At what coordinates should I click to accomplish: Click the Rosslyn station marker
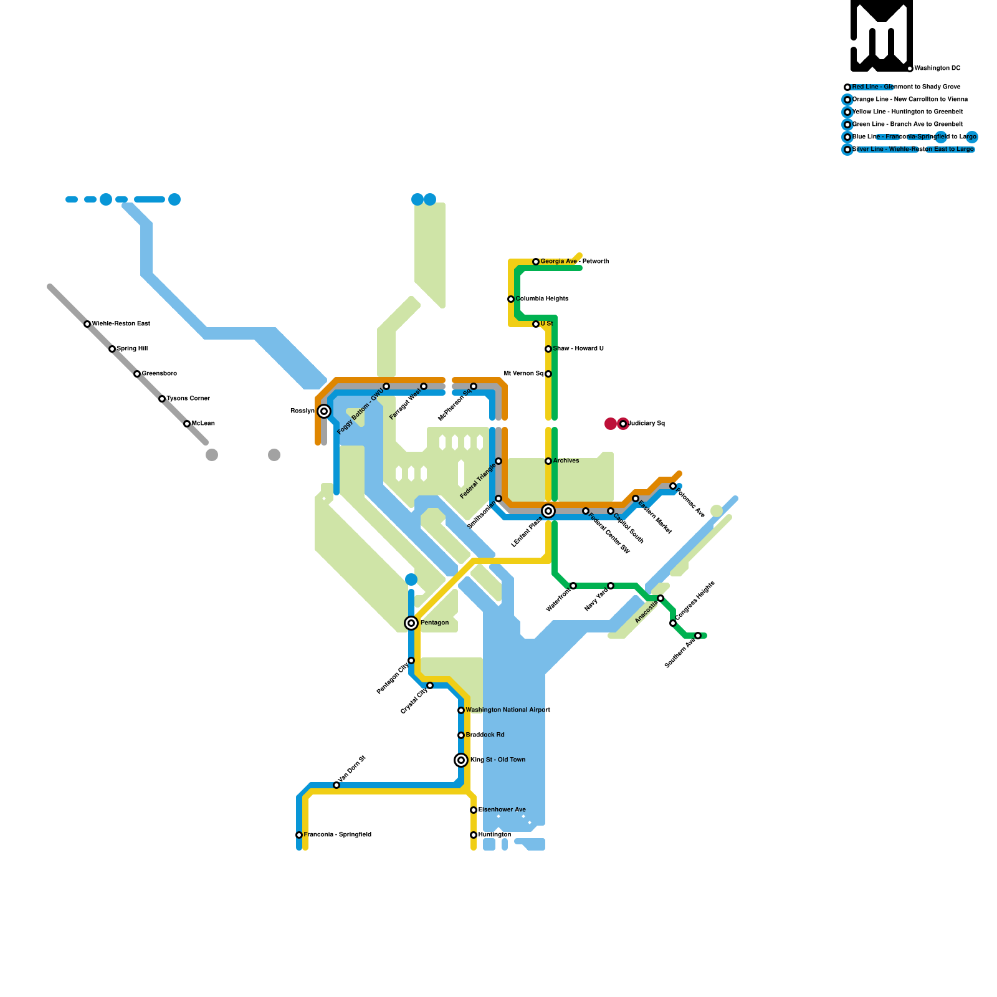point(324,411)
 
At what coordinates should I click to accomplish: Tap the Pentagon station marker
point(411,623)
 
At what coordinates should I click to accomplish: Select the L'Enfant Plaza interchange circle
point(548,511)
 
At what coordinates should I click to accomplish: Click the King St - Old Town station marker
point(461,760)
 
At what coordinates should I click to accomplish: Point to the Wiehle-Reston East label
point(121,324)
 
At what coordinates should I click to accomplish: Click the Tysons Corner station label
point(188,399)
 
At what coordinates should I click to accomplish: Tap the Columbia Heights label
point(541,299)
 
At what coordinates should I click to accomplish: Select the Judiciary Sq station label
point(646,424)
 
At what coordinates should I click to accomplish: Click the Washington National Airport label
point(508,710)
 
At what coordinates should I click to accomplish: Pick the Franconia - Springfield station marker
point(299,835)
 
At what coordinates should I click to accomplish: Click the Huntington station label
point(495,835)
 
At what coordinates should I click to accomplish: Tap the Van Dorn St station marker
point(336,785)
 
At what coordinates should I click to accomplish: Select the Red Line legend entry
point(906,87)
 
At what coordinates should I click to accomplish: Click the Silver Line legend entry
point(913,150)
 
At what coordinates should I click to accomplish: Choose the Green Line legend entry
point(907,125)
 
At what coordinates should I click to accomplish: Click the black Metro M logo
point(881,36)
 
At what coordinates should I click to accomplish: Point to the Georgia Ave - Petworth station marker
point(536,262)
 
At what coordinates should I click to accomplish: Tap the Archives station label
point(566,461)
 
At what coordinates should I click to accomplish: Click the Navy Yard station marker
point(611,586)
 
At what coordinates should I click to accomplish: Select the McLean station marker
point(187,424)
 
